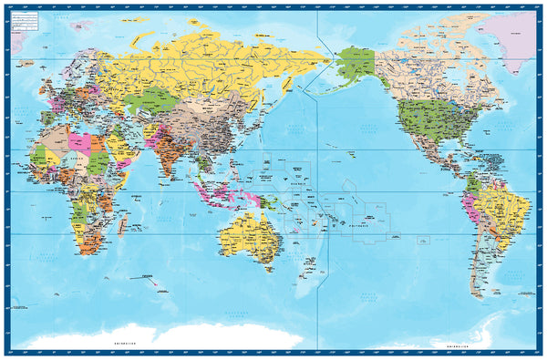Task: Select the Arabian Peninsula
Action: point(119,150)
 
